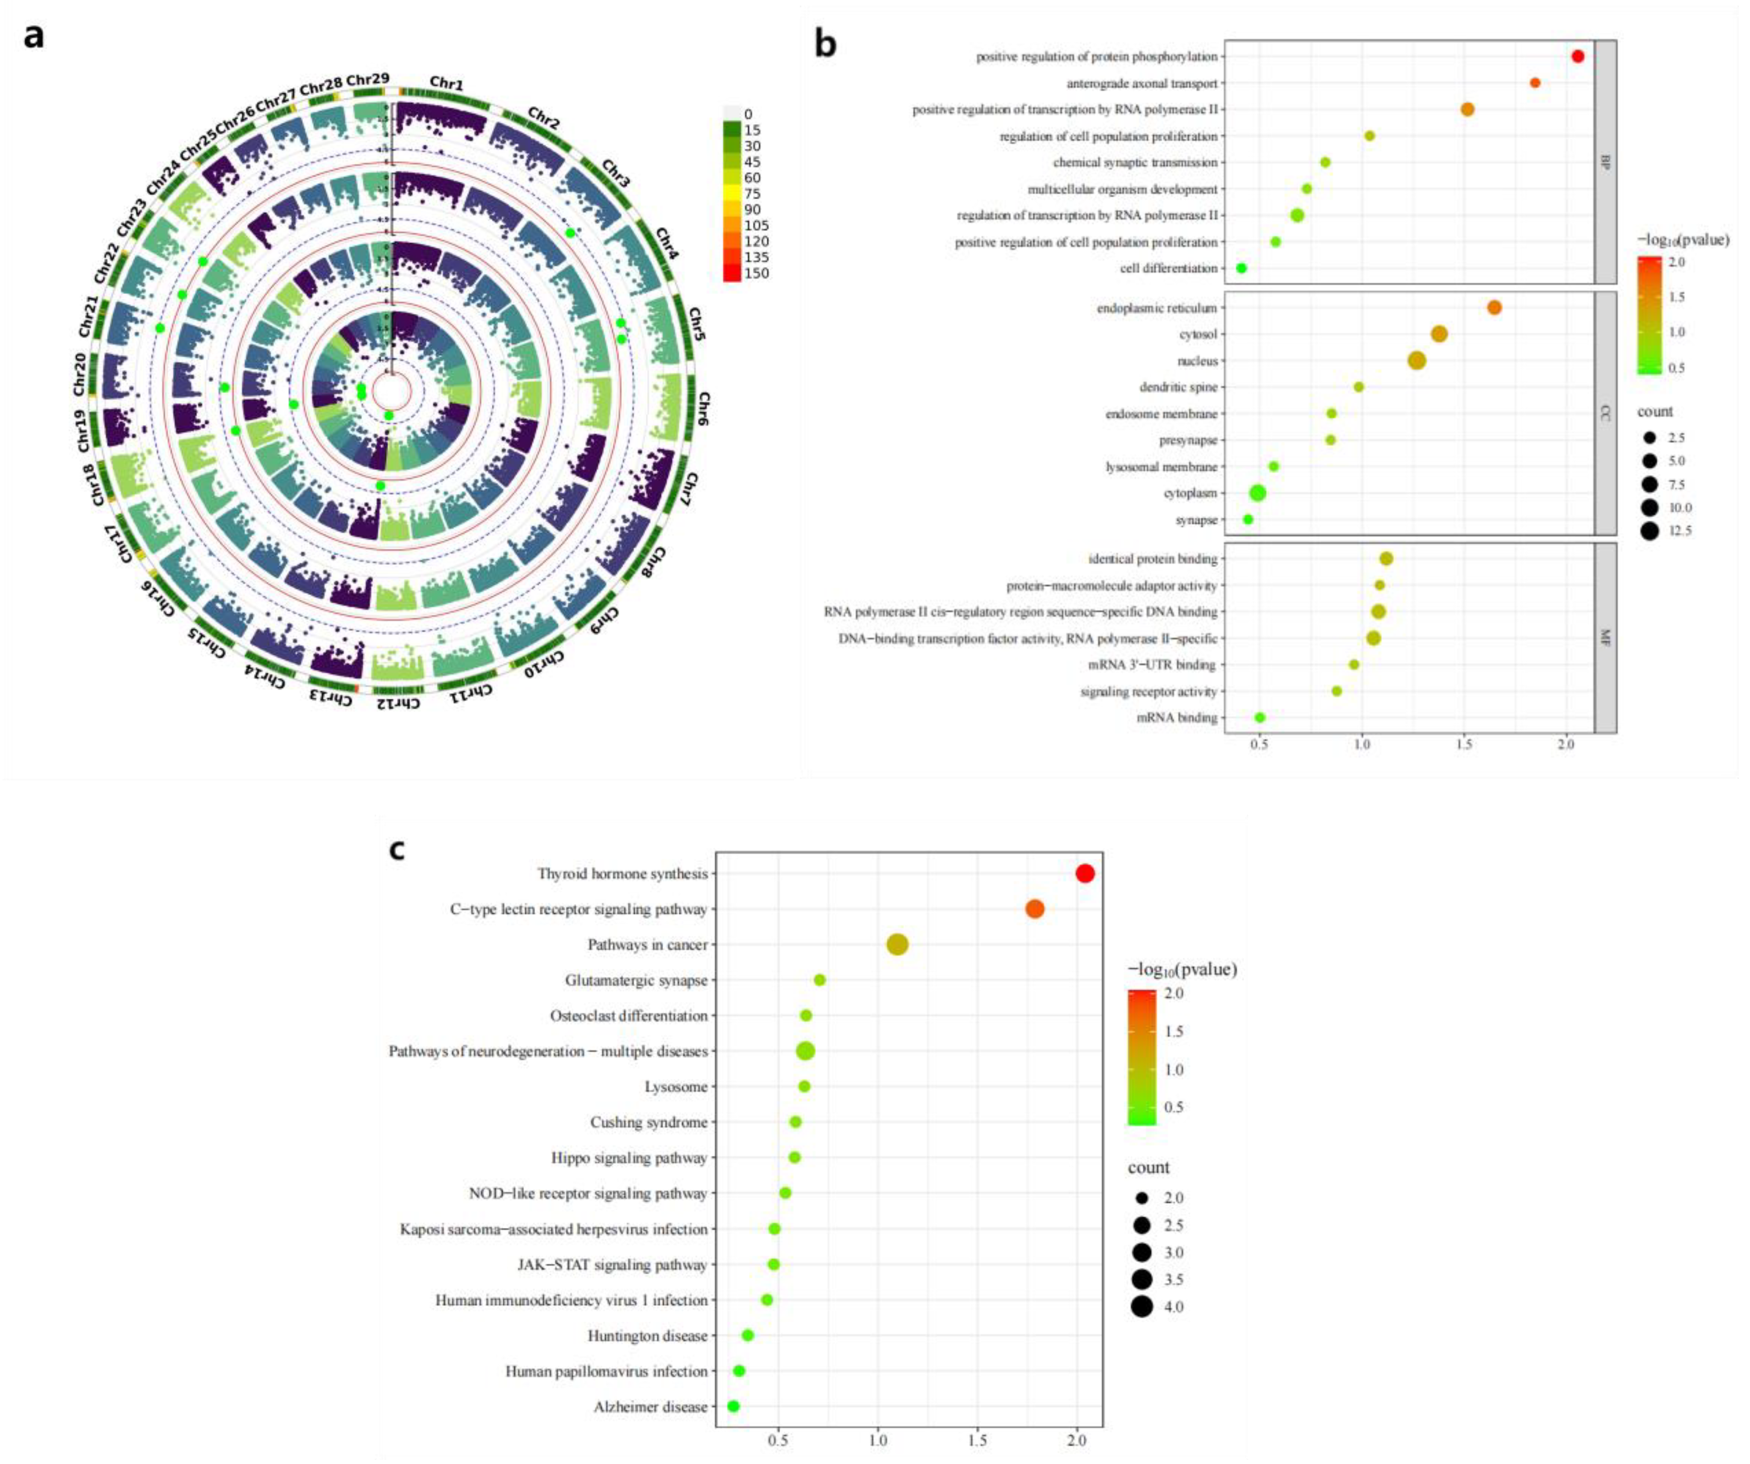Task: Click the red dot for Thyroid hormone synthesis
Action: [x=1084, y=873]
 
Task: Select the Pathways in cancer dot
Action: [x=898, y=944]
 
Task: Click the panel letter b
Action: [x=825, y=43]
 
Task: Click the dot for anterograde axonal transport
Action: [x=1535, y=83]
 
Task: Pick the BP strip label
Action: [x=1605, y=162]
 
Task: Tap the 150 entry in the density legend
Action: [x=756, y=273]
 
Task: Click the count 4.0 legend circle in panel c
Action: [x=1142, y=1307]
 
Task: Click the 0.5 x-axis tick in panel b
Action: [x=1259, y=745]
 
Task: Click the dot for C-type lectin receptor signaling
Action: [x=1034, y=909]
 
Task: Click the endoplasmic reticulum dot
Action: [x=1494, y=308]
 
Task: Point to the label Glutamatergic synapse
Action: [x=636, y=980]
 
